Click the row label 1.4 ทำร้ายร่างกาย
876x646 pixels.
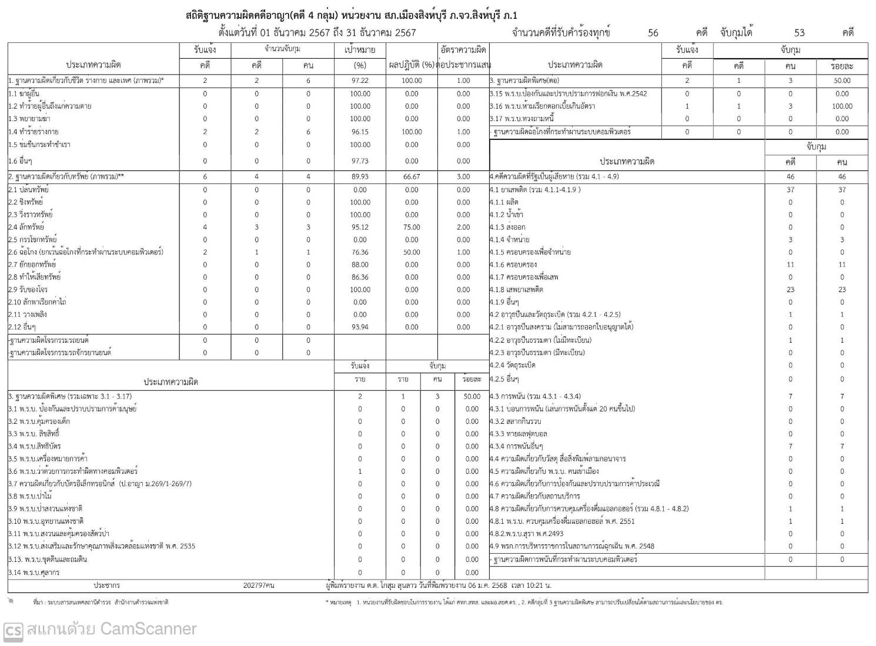tap(34, 132)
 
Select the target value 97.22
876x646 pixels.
tap(360, 81)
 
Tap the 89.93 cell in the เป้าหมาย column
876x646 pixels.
tap(360, 176)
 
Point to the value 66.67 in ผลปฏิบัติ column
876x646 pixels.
tap(412, 176)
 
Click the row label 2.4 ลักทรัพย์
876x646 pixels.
tap(26, 227)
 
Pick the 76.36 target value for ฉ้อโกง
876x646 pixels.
tap(360, 252)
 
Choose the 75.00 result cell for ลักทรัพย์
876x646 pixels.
tap(412, 227)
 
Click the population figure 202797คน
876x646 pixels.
tap(259, 585)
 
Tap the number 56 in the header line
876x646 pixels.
tap(653, 33)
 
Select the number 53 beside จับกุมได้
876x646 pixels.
tap(799, 33)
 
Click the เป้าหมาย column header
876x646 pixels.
tap(360, 51)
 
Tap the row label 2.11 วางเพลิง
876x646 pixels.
tap(28, 314)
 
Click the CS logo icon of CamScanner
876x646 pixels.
tap(13, 630)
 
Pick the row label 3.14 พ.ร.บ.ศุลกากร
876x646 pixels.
tap(34, 573)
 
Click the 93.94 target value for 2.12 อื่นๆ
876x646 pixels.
tap(360, 327)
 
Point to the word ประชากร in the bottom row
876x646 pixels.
tap(106, 585)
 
